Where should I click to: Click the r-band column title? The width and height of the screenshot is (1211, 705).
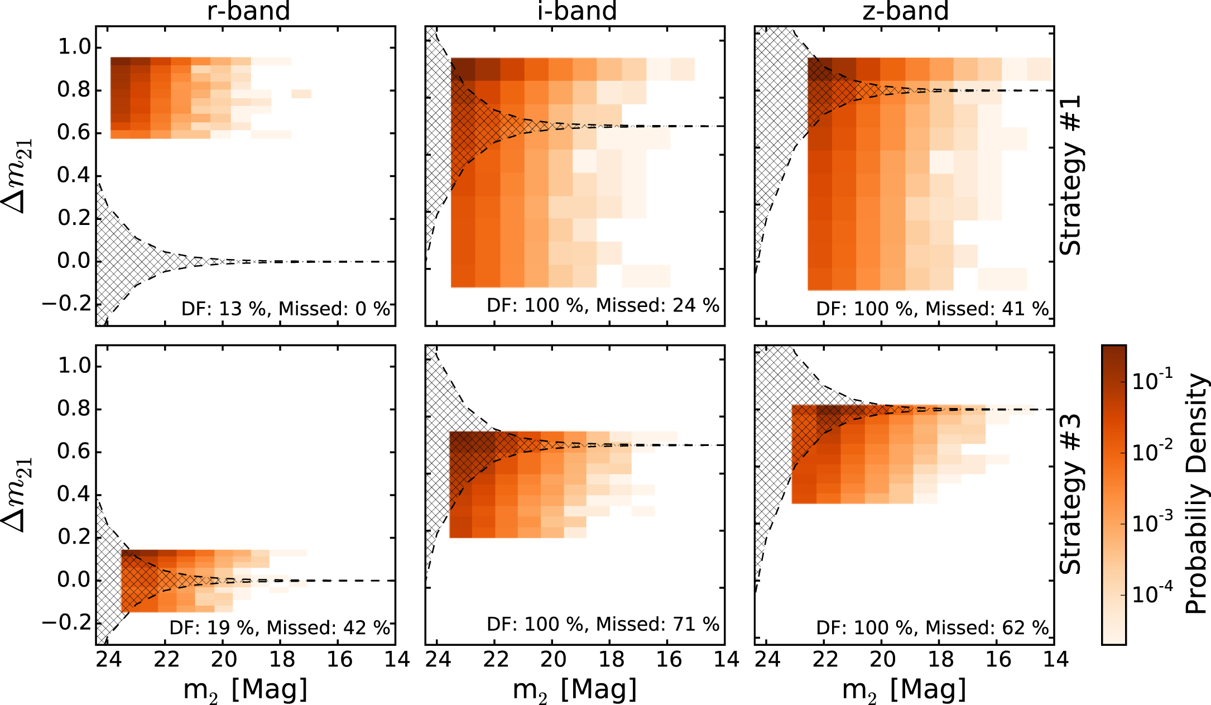pyautogui.click(x=248, y=11)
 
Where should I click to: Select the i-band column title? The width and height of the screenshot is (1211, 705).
pyautogui.click(x=577, y=11)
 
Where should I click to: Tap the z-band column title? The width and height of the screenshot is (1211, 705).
pyautogui.click(x=905, y=11)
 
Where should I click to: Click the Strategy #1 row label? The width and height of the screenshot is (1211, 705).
pyautogui.click(x=1070, y=175)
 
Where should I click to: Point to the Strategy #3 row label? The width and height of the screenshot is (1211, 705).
pyautogui.click(x=1070, y=495)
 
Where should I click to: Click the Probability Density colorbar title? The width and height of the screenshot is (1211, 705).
pyautogui.click(x=1196, y=495)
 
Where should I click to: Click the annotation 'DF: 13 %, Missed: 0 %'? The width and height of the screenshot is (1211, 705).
pyautogui.click(x=286, y=309)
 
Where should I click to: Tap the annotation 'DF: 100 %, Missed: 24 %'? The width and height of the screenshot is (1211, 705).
pyautogui.click(x=603, y=305)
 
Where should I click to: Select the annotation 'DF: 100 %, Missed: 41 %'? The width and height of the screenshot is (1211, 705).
pyautogui.click(x=933, y=309)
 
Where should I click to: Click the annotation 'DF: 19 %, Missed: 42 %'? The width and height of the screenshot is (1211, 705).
pyautogui.click(x=280, y=628)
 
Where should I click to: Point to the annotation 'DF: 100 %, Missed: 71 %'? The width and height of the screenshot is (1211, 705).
pyautogui.click(x=603, y=624)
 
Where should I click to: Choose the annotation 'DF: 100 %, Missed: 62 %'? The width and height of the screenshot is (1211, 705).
pyautogui.click(x=933, y=628)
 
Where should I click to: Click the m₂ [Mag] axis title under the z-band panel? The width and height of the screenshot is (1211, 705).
pyautogui.click(x=904, y=690)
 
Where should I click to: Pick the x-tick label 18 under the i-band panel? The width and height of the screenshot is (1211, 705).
pyautogui.click(x=611, y=660)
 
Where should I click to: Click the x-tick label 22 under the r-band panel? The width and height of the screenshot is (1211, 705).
pyautogui.click(x=166, y=660)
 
